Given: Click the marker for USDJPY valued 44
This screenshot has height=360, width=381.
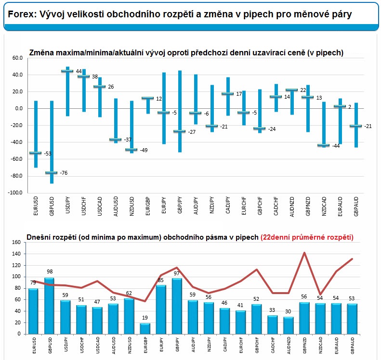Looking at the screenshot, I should pos(67,71).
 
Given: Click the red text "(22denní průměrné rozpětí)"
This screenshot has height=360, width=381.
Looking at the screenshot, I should pos(307,237).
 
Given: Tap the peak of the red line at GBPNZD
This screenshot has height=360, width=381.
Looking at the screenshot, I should pos(304,253).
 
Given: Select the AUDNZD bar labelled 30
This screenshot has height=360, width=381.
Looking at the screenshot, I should pos(289,325).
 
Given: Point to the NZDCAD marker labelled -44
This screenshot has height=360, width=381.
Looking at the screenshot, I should pos(324,145).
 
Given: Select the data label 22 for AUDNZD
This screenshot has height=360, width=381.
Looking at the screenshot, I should pos(303,90).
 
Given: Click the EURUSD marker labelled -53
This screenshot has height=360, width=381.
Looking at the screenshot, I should pos(36,153).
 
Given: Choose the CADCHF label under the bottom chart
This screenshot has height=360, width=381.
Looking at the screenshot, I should pos(273,346).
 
